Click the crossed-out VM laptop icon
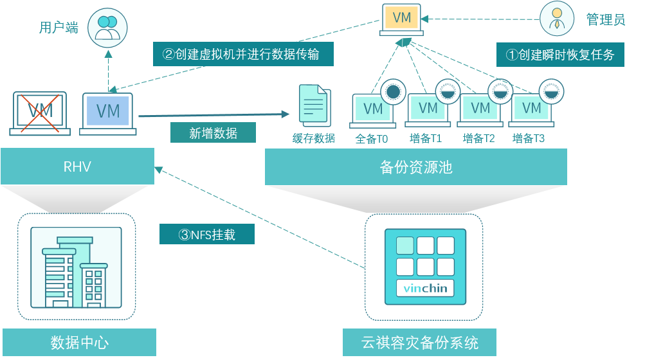[40, 113]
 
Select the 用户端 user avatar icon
[107, 28]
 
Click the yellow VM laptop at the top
[402, 19]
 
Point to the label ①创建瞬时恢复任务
[560, 55]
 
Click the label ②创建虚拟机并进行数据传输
[243, 54]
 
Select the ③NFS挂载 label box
[207, 234]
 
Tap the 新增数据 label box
[213, 132]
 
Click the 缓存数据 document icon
[314, 105]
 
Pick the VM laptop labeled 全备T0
[373, 110]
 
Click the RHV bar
[77, 167]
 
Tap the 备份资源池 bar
[416, 167]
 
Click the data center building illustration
[77, 267]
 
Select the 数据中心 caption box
[79, 343]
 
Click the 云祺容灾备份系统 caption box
[419, 343]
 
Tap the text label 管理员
[605, 19]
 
